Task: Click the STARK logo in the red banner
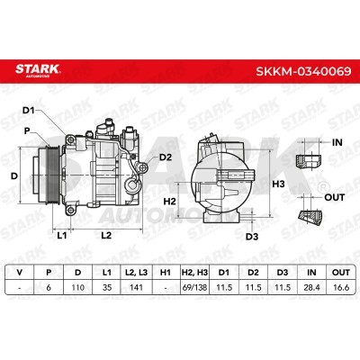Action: point(38,70)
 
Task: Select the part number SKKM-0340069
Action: point(303,71)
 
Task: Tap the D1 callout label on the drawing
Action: point(28,111)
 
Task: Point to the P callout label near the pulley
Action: point(27,131)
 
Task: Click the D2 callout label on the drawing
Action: point(166,157)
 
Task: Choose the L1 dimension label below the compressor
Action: point(62,236)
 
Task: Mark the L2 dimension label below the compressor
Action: point(106,235)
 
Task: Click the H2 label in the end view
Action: point(170,202)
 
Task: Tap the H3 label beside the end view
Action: point(278,184)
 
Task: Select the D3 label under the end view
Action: point(252,237)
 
